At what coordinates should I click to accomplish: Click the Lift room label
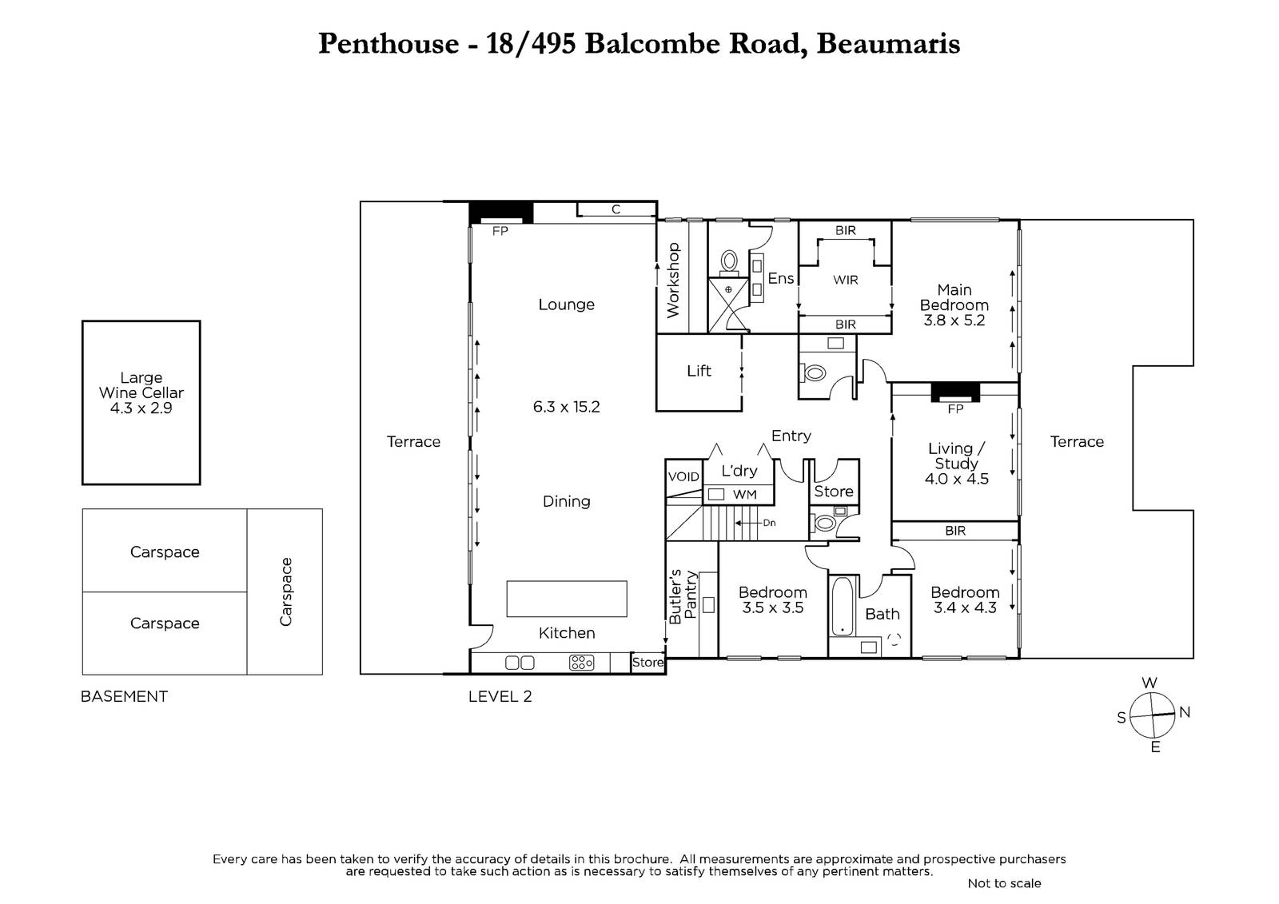pos(699,371)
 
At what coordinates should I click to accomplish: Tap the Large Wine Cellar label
pos(141,392)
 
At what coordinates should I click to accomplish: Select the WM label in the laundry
pos(744,495)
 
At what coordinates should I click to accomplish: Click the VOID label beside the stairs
pos(683,476)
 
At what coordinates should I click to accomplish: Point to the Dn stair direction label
pos(769,523)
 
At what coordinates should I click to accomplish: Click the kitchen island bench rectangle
pos(567,599)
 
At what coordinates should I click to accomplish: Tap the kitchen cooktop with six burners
pos(581,663)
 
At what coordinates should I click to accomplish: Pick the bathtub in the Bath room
pos(843,606)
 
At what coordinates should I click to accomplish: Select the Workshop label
pos(673,280)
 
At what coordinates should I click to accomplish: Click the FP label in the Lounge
pos(500,231)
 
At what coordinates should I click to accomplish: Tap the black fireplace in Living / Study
pos(955,392)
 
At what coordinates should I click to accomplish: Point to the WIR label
pos(846,280)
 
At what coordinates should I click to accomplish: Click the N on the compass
pos(1185,712)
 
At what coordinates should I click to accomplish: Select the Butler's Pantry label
pos(683,596)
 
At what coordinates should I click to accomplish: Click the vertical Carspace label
pos(285,591)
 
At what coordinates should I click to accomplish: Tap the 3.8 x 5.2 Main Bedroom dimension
pos(954,321)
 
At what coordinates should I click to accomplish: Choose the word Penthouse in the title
pos(388,43)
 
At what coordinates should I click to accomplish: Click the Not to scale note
pos(1004,883)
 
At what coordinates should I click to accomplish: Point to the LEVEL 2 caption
pos(500,696)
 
